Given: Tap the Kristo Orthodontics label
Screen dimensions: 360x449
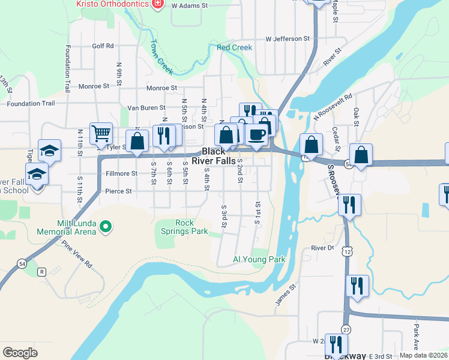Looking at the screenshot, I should [113, 4].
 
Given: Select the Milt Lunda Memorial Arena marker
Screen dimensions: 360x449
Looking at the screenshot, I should [106, 226].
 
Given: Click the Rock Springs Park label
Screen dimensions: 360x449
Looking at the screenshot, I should [184, 227].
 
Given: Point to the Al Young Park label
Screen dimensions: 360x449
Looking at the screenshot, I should [259, 260].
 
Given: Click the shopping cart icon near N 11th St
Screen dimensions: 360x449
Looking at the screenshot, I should [101, 133].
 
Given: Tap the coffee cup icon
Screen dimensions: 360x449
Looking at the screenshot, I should [257, 135].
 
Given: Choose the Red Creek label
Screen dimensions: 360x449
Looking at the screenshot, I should [235, 47].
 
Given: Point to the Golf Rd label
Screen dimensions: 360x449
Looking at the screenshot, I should [103, 46].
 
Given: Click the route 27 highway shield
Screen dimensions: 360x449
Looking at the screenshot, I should [346, 329].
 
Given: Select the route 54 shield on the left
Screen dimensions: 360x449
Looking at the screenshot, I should [22, 263].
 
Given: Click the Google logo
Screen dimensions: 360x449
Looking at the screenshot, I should [20, 352].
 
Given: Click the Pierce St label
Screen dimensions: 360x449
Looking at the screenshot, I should [118, 191].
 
